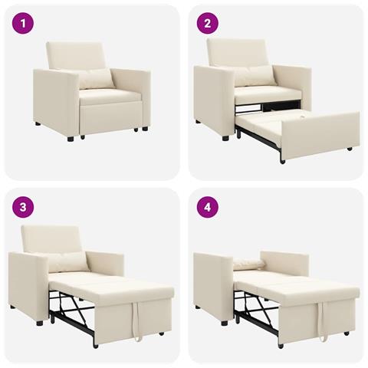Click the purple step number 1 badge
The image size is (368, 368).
23,24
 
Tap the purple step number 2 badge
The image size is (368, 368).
206,24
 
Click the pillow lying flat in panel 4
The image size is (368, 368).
248,264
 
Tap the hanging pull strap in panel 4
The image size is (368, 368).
322,322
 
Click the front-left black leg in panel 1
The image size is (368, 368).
71,139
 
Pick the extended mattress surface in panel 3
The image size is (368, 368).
115,287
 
